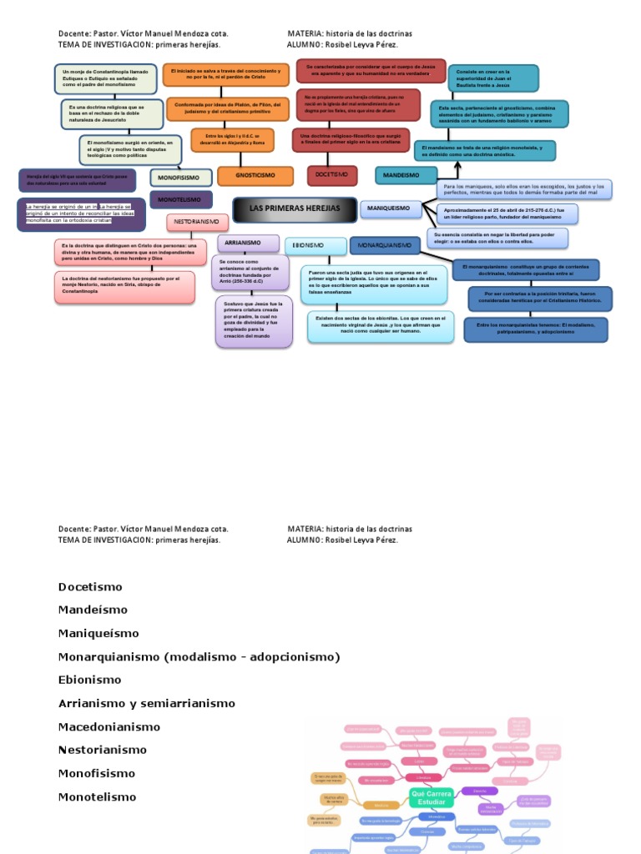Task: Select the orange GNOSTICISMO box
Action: pyautogui.click(x=255, y=176)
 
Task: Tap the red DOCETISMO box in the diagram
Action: pyautogui.click(x=331, y=175)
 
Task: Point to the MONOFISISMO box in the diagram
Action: pyautogui.click(x=181, y=177)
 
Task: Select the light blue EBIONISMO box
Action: pyautogui.click(x=315, y=245)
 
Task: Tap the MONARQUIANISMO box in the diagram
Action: pyautogui.click(x=385, y=245)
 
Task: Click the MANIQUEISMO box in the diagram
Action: pyautogui.click(x=390, y=208)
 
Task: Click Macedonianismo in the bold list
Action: pyautogui.click(x=109, y=726)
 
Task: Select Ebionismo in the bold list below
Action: pyautogui.click(x=90, y=680)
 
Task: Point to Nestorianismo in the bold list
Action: pyautogui.click(x=103, y=750)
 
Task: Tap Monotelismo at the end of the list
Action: pyautogui.click(x=97, y=796)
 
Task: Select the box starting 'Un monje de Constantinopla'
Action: pyautogui.click(x=105, y=78)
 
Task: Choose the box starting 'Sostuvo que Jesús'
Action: pyautogui.click(x=253, y=321)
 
